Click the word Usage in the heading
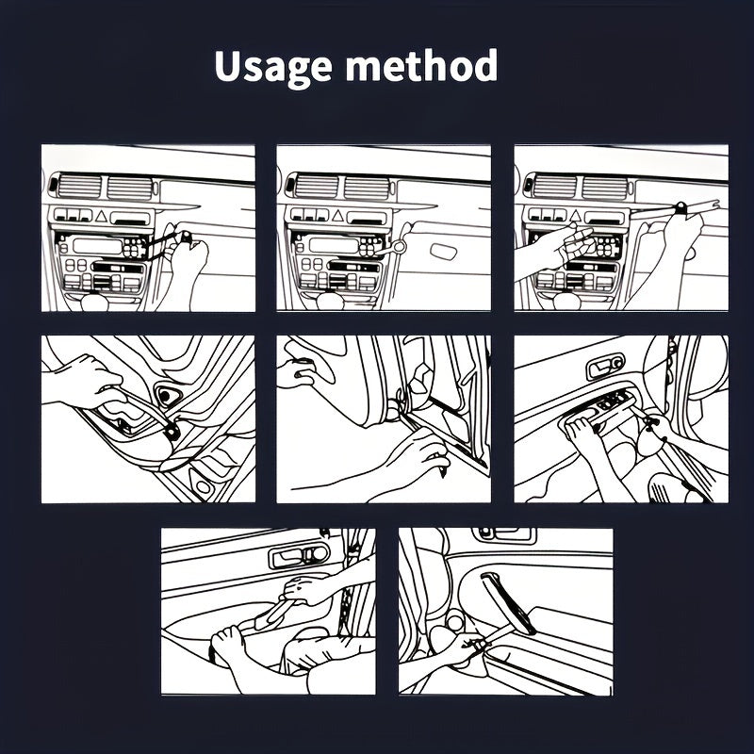pos(273,68)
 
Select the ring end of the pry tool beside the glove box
pos(400,246)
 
